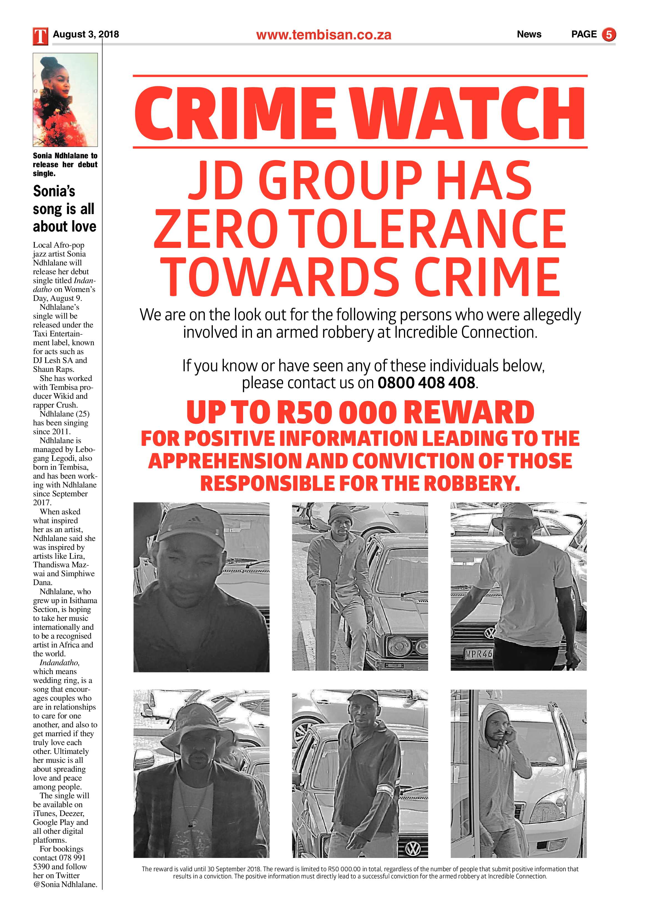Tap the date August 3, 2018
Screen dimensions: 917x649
(x=86, y=34)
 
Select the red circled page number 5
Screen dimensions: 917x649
(x=609, y=35)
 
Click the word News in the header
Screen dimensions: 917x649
(x=529, y=34)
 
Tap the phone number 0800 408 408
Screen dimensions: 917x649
(x=426, y=383)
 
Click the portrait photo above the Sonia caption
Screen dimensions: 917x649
(x=65, y=100)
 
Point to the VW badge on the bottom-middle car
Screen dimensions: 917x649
(x=411, y=849)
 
